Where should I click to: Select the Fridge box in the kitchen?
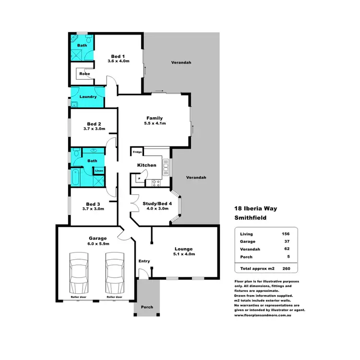(137, 152)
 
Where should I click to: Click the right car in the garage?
(115, 274)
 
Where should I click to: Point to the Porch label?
(147, 307)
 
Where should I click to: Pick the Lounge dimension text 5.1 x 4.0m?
(184, 254)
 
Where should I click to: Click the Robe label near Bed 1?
(84, 74)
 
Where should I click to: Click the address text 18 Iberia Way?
(256, 209)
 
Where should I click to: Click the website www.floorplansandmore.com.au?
(264, 316)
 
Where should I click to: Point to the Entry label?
(144, 261)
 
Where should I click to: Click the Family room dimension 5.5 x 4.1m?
(155, 124)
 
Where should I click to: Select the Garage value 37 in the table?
(287, 241)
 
